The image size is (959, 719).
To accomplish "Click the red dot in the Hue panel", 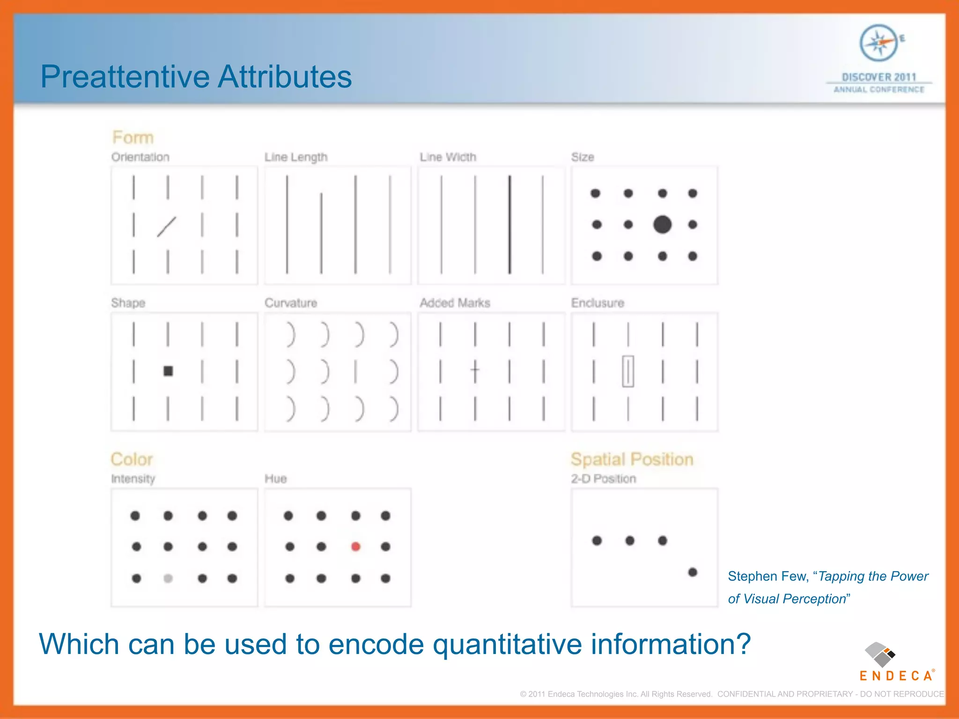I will coord(355,546).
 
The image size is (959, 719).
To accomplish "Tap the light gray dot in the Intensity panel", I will coord(168,579).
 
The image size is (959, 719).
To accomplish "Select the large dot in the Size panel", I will coord(662,225).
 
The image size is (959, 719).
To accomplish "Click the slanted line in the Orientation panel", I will coord(167,227).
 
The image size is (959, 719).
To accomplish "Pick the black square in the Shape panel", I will coord(168,371).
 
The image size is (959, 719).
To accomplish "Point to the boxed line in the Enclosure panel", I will coord(628,371).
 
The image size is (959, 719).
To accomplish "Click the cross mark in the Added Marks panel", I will coord(475,371).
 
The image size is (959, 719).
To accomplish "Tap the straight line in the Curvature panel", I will coord(356,372).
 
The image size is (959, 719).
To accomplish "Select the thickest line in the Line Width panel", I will coord(509,225).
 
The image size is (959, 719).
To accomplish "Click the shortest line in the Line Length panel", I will coord(321,233).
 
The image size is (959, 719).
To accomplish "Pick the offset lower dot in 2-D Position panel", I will coord(693,572).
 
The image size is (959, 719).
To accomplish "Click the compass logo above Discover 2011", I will coord(879,44).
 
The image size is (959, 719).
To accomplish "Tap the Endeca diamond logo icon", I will coord(879,654).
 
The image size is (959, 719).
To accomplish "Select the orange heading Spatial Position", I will coord(632,459).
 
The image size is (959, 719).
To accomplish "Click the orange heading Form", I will coord(133,138).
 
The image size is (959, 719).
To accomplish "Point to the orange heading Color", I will coord(132,459).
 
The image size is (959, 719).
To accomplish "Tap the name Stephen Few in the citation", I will coord(767,576).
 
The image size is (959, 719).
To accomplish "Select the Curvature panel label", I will coord(291,303).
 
